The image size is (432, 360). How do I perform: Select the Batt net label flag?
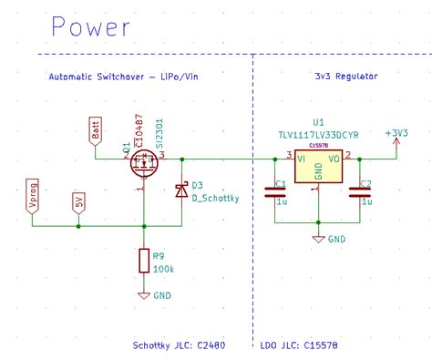96,130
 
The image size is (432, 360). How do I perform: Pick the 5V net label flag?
79,203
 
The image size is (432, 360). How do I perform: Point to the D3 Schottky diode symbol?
182,190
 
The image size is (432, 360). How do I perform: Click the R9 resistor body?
143,262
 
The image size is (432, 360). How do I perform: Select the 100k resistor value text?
164,269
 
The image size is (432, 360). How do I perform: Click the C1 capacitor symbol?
274,191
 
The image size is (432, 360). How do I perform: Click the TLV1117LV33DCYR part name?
318,134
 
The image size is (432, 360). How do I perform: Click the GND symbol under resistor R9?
143,294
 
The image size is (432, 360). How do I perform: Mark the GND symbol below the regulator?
318,238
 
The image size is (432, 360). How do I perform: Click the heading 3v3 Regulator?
346,78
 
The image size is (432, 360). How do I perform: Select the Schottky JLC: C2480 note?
180,346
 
